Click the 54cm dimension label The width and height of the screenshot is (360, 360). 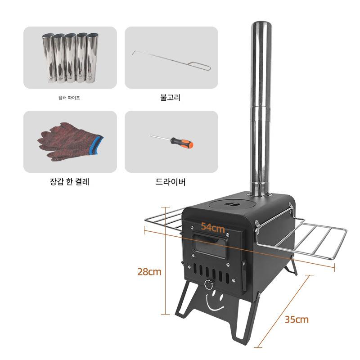click(x=213, y=227)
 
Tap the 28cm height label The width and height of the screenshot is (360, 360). click(x=149, y=272)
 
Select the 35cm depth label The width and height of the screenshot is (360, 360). click(x=297, y=319)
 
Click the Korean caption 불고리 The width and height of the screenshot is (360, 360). click(x=171, y=97)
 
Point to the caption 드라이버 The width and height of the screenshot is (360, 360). click(x=171, y=182)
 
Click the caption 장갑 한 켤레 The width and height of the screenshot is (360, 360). click(x=70, y=182)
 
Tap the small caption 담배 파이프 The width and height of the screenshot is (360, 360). click(x=69, y=98)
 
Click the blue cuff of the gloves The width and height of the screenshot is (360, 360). click(x=98, y=144)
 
